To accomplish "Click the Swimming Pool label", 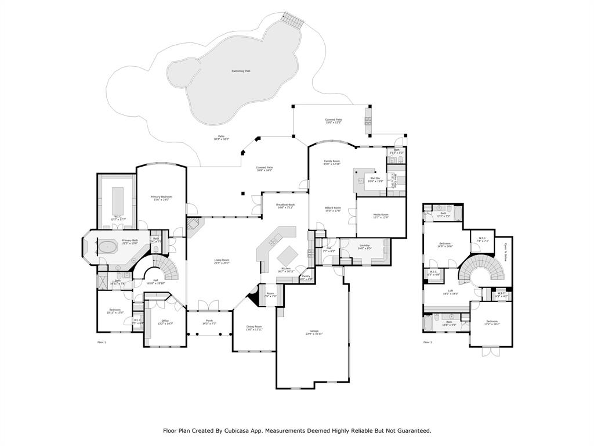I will pos(241,71).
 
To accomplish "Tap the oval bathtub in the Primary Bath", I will pos(108,247).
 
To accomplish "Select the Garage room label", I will pos(313,332).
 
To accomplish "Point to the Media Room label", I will pos(381,215).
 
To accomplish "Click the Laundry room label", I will pos(364,246).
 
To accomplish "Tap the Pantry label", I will pos(306,276).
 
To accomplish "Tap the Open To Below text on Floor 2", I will pos(505,253).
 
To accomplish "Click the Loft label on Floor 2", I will pos(451,292).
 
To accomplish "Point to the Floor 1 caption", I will pos(102,343).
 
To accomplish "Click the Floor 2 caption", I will pos(428,343).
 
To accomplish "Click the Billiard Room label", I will pos(332,208).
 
